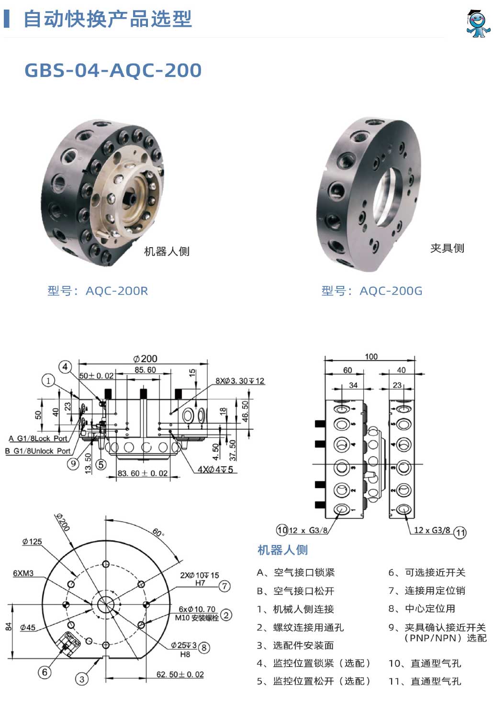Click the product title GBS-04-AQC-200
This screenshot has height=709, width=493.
point(113,70)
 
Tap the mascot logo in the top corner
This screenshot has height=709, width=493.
point(477,23)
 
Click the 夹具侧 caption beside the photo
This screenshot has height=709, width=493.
point(447,248)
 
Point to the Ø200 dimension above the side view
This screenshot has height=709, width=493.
point(145,359)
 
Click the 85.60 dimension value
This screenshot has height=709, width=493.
point(145,370)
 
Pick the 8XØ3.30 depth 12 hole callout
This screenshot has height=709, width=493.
point(240,381)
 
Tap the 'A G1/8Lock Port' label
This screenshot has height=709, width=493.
point(38,438)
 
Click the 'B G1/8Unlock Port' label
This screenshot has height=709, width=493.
point(38,451)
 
